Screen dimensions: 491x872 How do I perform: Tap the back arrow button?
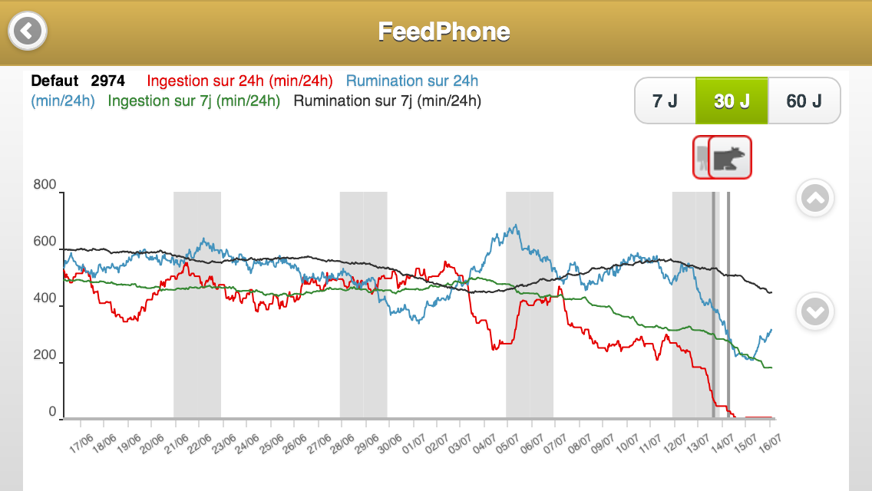(x=28, y=31)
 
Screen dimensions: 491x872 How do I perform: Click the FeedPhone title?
(x=444, y=31)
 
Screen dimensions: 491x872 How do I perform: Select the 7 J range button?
(x=665, y=101)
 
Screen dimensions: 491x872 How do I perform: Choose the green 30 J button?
(x=732, y=101)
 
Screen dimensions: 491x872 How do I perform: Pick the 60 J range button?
(x=804, y=101)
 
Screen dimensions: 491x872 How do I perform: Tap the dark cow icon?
(x=730, y=157)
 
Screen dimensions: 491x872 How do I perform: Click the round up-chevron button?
(x=814, y=199)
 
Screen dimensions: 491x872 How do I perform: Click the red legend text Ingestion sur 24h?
(x=239, y=81)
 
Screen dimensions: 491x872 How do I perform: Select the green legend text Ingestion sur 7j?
(x=194, y=101)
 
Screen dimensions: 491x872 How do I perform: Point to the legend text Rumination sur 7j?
(x=388, y=101)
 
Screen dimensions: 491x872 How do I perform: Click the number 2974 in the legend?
(x=107, y=81)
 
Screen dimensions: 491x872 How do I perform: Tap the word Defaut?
(x=54, y=81)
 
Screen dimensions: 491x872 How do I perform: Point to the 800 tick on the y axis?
(x=45, y=184)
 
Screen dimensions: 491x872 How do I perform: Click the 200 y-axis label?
(x=45, y=355)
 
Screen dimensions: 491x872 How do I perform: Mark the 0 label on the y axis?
(x=53, y=412)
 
